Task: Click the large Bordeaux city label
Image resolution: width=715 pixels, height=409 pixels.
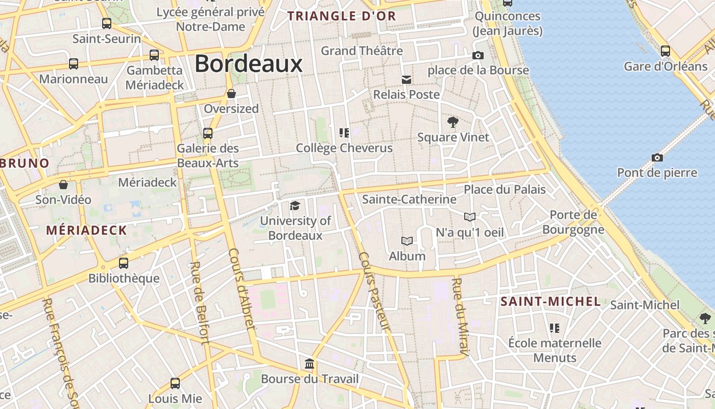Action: tap(249, 64)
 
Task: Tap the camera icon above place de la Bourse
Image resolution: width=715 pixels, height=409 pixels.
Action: tap(478, 55)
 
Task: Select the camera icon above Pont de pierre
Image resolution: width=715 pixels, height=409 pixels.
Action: tap(657, 157)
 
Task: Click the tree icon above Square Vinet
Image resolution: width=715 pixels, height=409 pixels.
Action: tap(452, 122)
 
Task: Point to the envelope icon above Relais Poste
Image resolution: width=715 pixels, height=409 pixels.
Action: tap(407, 79)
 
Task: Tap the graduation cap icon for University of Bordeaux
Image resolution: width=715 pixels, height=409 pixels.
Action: tap(295, 206)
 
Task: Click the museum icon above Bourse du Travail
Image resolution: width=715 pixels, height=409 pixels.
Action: tap(309, 363)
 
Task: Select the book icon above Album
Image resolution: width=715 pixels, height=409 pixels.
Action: tap(407, 241)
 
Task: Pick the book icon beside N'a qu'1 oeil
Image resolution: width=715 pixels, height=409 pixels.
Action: tap(470, 217)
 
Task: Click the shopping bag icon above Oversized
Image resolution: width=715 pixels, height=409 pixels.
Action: tap(231, 94)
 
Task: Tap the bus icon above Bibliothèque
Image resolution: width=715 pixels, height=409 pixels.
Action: tap(124, 263)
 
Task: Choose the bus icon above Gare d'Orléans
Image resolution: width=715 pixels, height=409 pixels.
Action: tap(665, 51)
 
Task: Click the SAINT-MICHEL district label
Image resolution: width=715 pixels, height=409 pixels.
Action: tap(550, 301)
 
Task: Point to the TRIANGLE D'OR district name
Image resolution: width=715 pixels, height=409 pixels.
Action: tap(342, 16)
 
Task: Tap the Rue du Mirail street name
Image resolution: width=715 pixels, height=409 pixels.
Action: tap(460, 317)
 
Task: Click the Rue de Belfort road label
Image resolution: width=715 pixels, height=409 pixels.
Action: tap(199, 303)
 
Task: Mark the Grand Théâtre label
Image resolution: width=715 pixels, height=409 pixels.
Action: tap(362, 51)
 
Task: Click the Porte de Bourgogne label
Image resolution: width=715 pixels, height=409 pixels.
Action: tap(573, 222)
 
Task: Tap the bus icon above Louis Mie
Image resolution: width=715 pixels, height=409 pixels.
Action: tap(175, 383)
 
